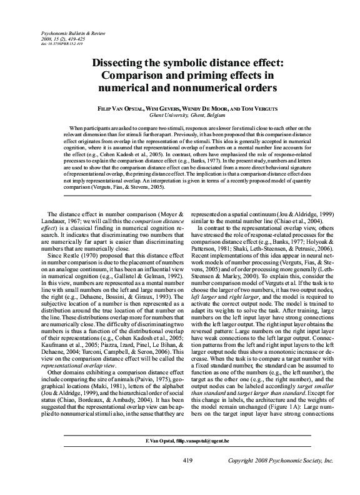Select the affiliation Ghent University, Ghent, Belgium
[x=180, y=116]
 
